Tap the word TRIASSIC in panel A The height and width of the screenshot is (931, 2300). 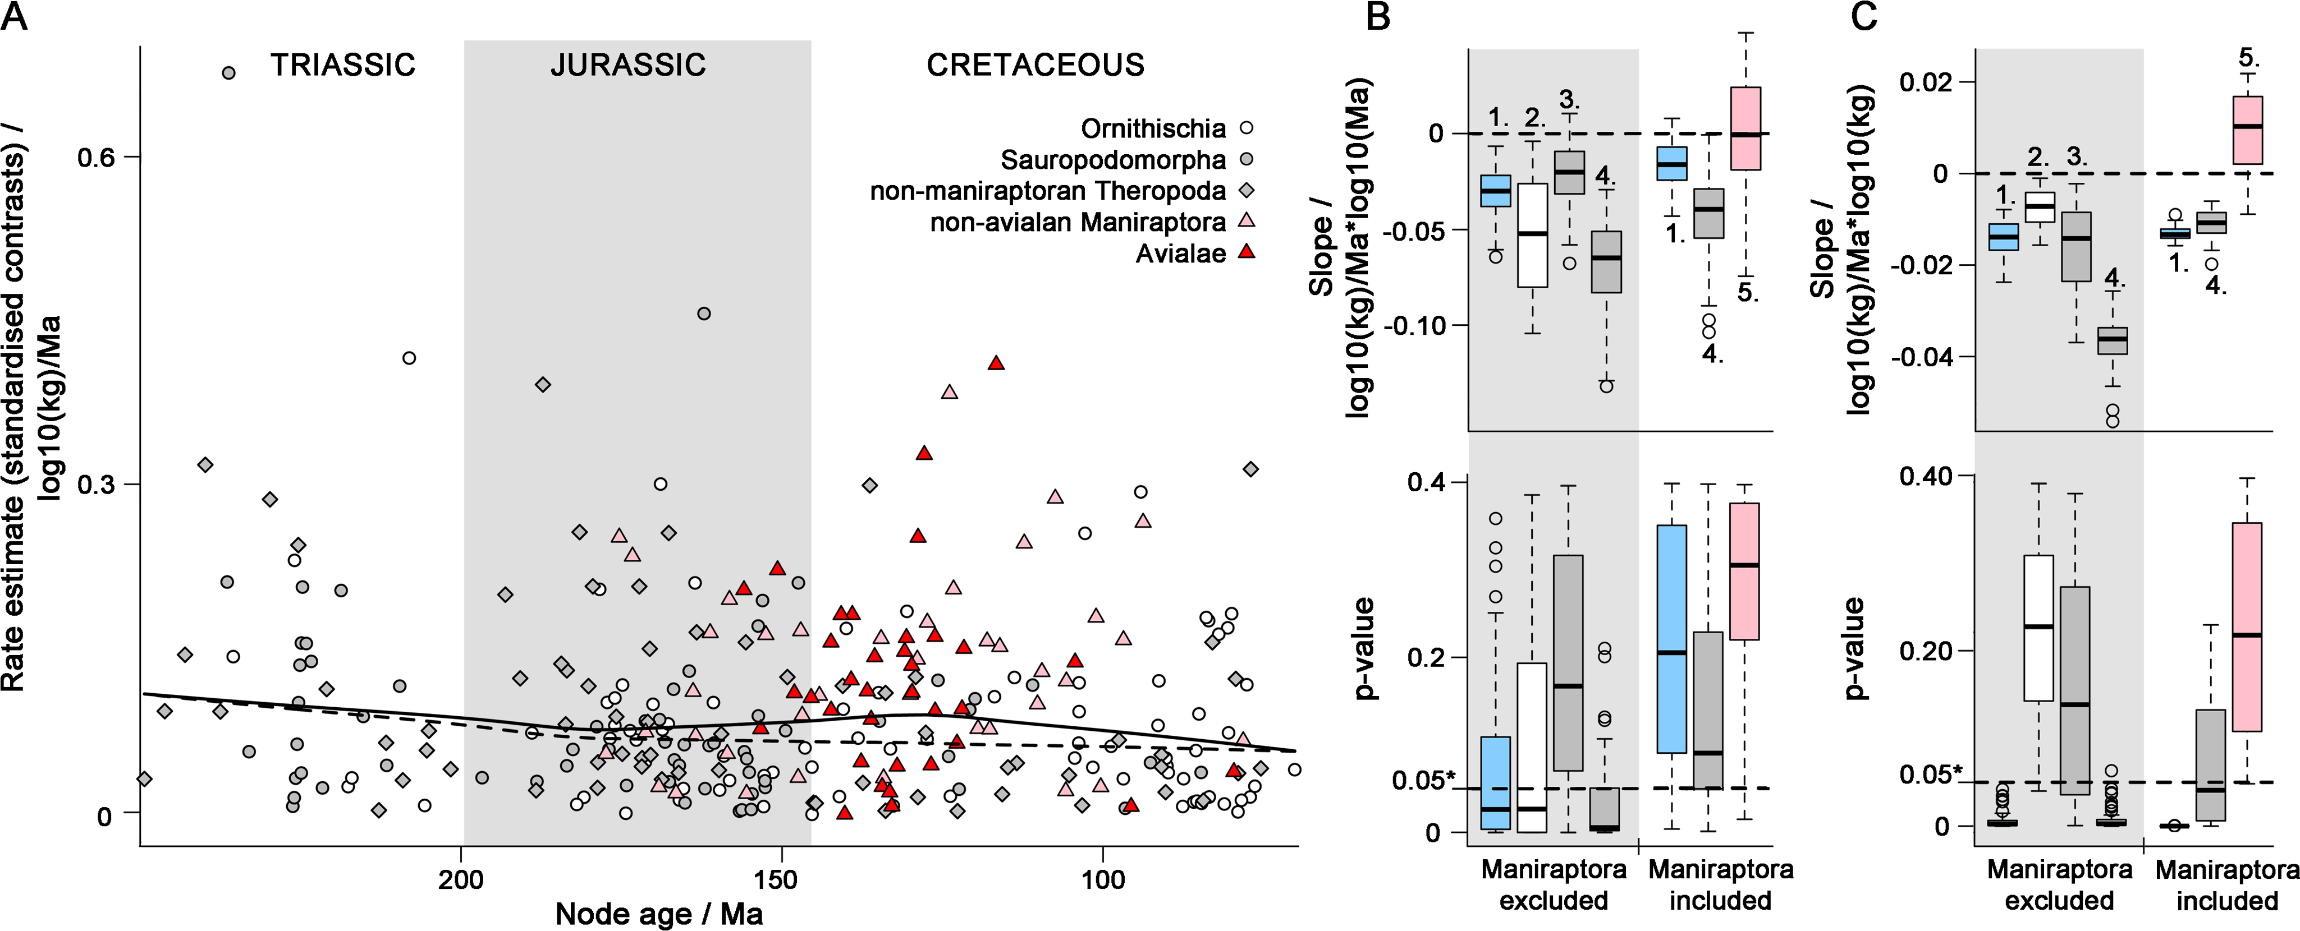[343, 65]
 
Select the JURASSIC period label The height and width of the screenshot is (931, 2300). [627, 65]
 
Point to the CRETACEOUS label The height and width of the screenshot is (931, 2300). [1035, 65]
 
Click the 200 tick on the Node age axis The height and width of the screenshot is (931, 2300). [461, 879]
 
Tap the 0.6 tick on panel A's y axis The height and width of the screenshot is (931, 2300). [97, 158]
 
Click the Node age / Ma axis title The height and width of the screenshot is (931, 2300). [659, 914]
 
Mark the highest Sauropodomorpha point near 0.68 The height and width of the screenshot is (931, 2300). [228, 72]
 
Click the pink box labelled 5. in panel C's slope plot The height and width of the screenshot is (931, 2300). [2247, 130]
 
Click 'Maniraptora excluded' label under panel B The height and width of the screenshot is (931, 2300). [1554, 884]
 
